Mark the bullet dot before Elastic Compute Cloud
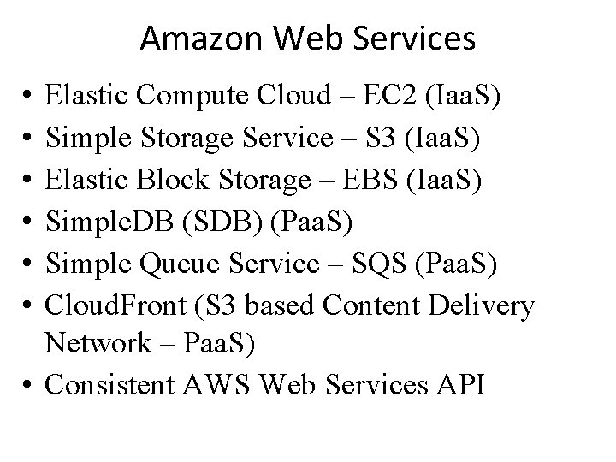coord(29,97)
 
